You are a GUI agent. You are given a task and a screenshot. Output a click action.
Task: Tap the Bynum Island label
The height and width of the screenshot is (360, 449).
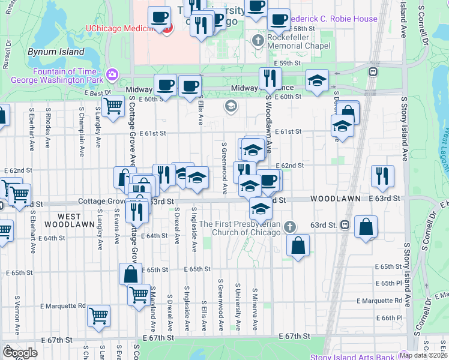pyautogui.click(x=56, y=52)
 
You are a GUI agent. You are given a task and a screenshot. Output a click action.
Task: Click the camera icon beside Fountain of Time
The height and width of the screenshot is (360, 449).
pyautogui.click(x=111, y=74)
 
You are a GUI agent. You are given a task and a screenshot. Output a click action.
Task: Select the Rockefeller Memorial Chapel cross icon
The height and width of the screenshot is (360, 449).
pyautogui.click(x=258, y=41)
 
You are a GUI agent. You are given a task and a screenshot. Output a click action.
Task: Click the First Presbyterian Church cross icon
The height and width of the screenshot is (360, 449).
pyautogui.click(x=290, y=227)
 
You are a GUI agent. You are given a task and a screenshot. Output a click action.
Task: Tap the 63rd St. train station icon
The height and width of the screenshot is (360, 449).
pyautogui.click(x=345, y=225)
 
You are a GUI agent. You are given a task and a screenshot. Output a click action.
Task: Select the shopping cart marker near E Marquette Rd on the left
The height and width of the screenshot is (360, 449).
pyautogui.click(x=98, y=316)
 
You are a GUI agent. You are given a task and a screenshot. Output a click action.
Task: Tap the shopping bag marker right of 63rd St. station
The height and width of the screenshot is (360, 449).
pyautogui.click(x=366, y=227)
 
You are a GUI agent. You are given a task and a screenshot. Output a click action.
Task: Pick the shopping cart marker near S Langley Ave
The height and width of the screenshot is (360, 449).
pyautogui.click(x=113, y=106)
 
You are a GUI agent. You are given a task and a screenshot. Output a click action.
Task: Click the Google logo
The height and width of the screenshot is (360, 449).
pyautogui.click(x=20, y=353)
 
